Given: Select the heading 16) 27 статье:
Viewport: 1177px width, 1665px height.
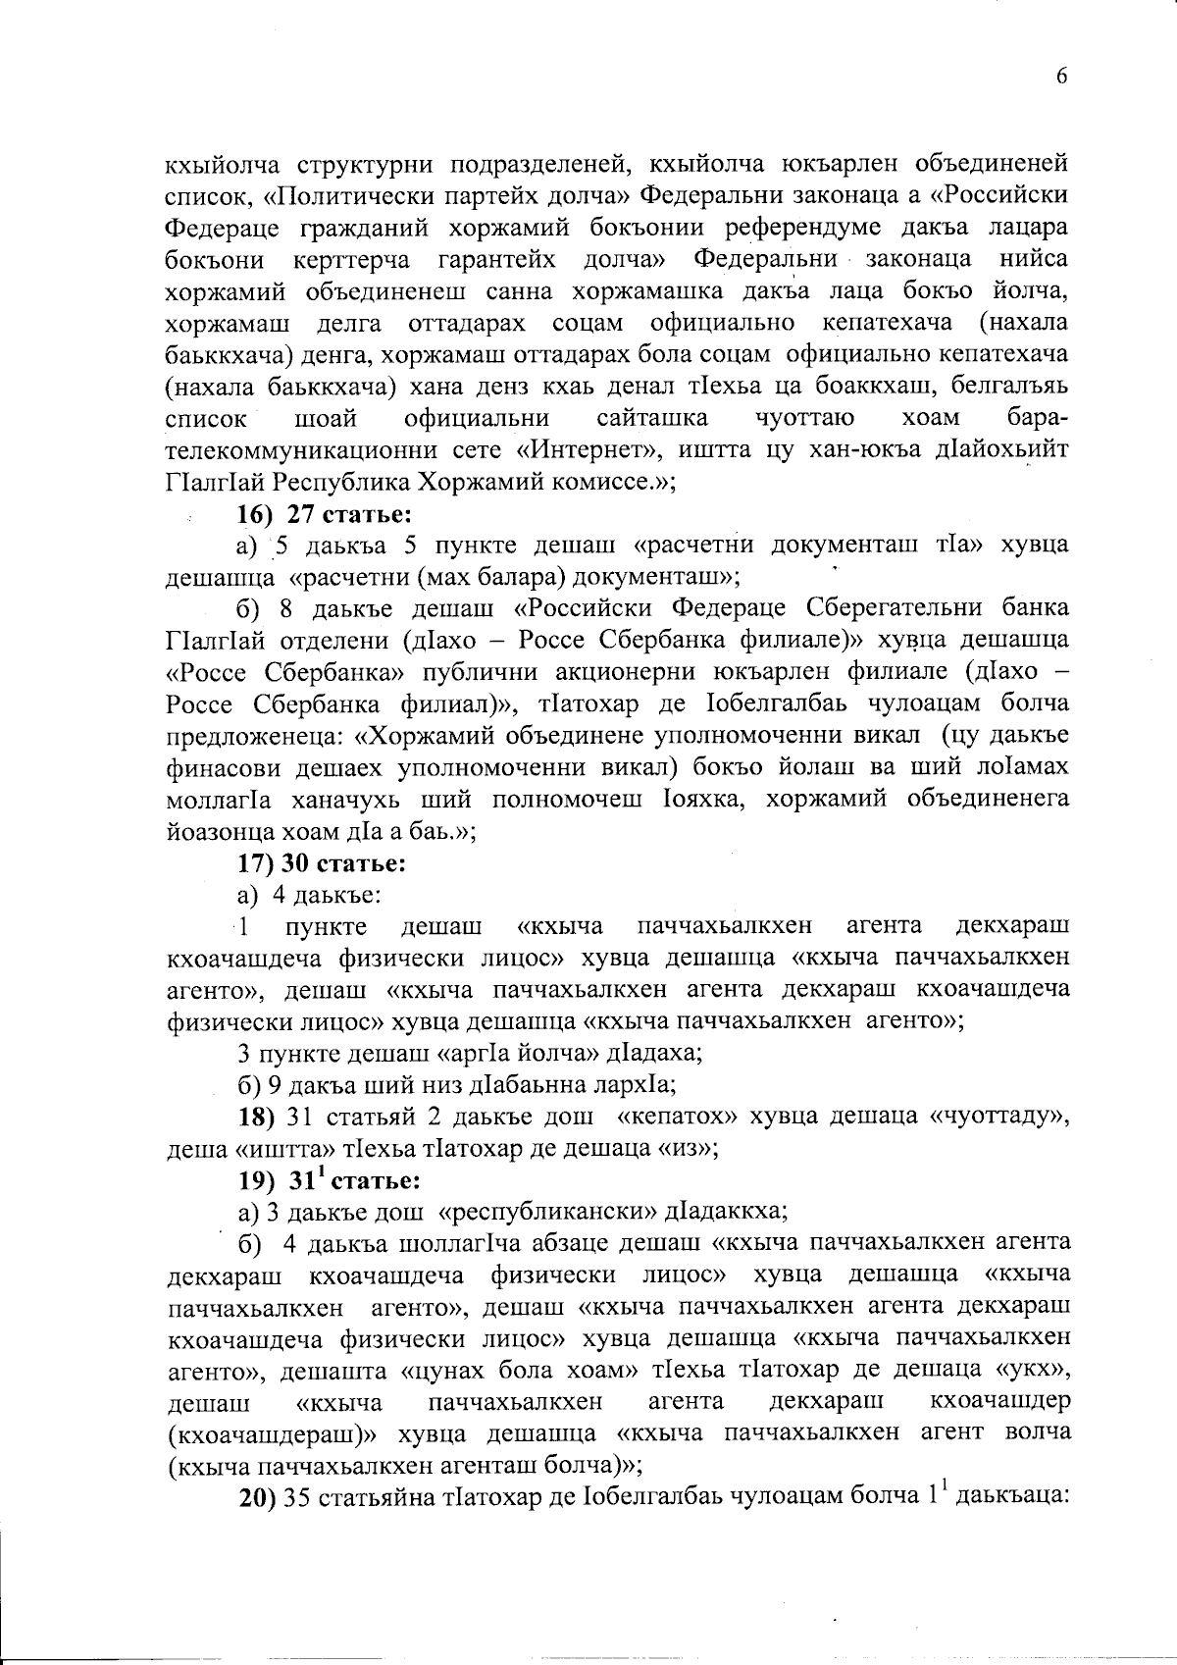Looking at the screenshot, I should point(322,514).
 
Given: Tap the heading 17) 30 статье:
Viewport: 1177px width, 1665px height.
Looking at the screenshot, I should point(323,863).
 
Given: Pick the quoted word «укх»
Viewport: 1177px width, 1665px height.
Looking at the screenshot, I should point(1039,1369).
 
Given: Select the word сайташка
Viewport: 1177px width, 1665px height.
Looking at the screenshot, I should point(651,418).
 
